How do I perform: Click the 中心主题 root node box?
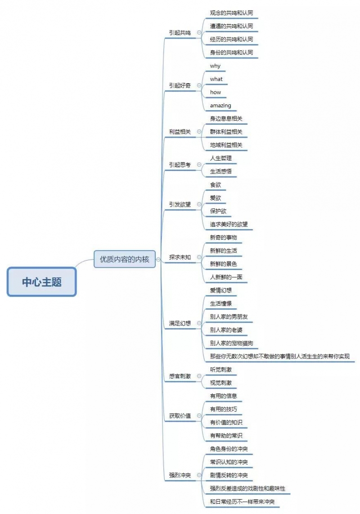(42, 282)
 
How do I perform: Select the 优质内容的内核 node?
(125, 259)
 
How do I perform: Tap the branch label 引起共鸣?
(180, 33)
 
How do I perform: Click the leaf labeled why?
(215, 66)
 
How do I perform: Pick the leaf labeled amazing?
(220, 106)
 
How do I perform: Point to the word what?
(216, 79)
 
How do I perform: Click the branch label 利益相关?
(180, 132)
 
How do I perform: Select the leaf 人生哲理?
(220, 158)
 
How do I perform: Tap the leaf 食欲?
(216, 185)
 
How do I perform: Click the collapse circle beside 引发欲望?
(199, 204)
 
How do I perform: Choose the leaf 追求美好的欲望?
(229, 225)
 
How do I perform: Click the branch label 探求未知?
(180, 257)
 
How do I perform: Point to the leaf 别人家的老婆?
(226, 330)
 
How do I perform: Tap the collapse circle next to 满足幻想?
(199, 323)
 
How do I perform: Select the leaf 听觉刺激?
(220, 370)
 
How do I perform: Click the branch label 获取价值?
(180, 416)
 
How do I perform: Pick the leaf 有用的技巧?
(223, 410)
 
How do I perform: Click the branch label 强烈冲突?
(180, 475)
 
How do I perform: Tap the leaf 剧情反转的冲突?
(229, 475)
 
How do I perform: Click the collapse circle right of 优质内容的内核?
(158, 260)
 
